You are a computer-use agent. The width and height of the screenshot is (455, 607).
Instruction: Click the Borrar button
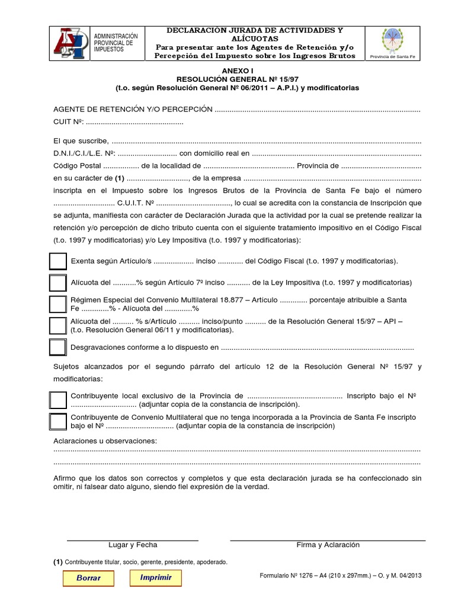click(x=88, y=578)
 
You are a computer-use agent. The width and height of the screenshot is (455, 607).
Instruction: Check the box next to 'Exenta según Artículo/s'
click(x=57, y=261)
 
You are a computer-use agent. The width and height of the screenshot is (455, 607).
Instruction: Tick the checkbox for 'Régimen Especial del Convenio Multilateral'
click(x=57, y=304)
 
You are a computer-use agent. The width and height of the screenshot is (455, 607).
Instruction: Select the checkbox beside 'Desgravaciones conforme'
click(x=57, y=347)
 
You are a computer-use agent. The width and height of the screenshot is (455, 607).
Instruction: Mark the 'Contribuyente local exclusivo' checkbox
click(x=58, y=400)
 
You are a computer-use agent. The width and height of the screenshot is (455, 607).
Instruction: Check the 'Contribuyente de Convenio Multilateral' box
click(x=58, y=421)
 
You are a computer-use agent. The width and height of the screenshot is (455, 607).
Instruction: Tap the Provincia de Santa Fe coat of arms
click(x=393, y=40)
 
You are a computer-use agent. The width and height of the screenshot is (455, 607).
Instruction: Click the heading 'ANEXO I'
click(x=236, y=70)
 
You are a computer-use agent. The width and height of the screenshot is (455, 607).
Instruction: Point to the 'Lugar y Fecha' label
click(x=133, y=545)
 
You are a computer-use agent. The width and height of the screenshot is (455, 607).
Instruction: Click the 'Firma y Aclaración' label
click(x=328, y=545)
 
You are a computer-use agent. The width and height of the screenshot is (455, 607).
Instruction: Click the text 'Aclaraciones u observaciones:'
click(x=105, y=441)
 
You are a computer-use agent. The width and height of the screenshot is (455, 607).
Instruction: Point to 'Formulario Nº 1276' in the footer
click(x=289, y=576)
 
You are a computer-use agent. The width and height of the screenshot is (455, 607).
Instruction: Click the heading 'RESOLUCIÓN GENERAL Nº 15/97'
click(x=236, y=78)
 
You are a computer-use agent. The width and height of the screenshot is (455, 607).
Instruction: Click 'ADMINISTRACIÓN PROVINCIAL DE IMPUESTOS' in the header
click(x=116, y=43)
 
